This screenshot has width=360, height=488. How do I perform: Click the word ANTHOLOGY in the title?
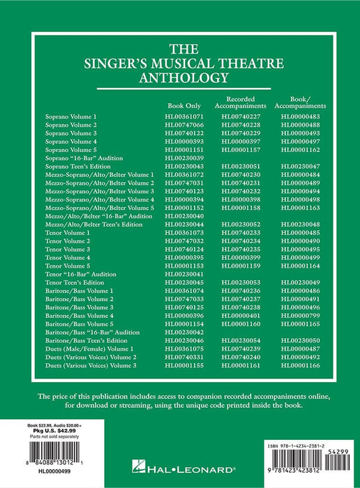pyautogui.click(x=179, y=79)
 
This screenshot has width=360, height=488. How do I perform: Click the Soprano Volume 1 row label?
pyautogui.click(x=71, y=116)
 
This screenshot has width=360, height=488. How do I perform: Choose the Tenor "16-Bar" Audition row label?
pyautogui.click(x=77, y=274)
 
